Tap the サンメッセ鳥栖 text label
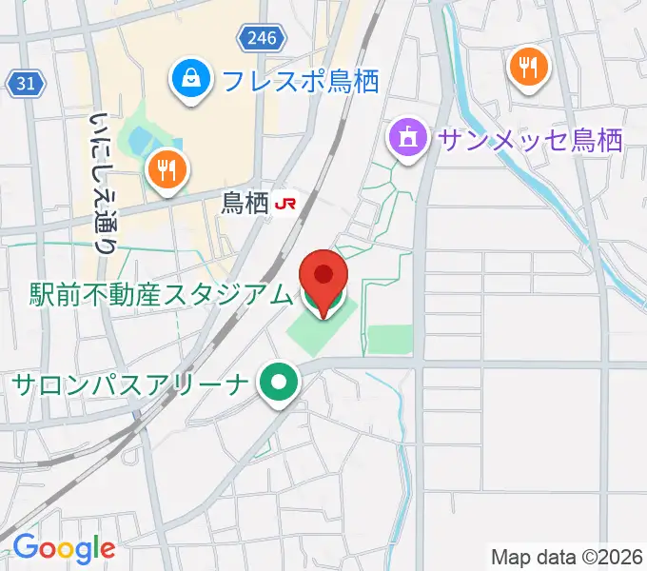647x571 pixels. (x=530, y=141)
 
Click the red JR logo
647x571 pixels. (x=285, y=203)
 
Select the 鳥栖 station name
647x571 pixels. (x=245, y=203)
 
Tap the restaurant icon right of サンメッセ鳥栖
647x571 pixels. (x=529, y=68)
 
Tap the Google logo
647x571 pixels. (x=64, y=547)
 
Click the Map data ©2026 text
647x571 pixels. (x=567, y=556)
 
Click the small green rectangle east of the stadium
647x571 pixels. (x=390, y=339)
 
